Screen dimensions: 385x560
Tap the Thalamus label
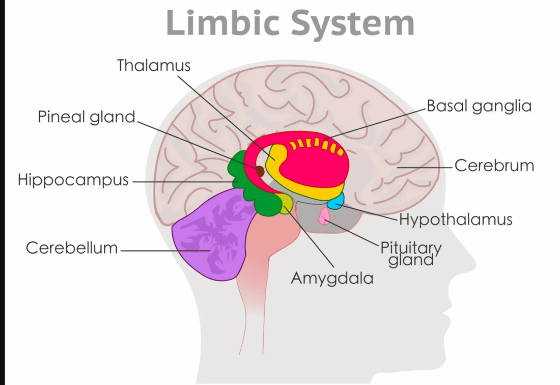[154, 65]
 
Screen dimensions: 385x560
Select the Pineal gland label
[87, 117]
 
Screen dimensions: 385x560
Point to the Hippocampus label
[73, 180]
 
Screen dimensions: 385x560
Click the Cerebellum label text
[72, 248]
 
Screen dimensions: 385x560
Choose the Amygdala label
[332, 278]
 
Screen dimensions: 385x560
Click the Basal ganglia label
[479, 106]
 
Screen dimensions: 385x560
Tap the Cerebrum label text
[494, 166]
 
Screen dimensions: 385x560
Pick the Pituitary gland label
[411, 253]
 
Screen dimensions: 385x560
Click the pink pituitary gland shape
[324, 217]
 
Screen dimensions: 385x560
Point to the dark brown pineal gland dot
[260, 171]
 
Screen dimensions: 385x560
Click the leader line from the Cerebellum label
[163, 250]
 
